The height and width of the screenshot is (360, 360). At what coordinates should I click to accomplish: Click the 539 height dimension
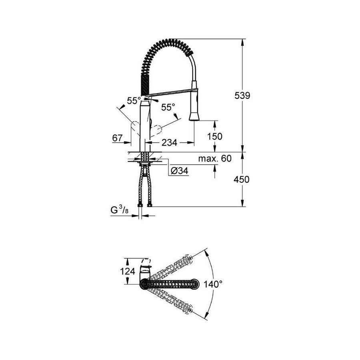coord(242,95)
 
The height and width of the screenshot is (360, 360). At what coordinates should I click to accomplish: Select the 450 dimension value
coord(241,179)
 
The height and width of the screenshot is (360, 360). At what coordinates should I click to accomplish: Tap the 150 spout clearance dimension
coord(215,136)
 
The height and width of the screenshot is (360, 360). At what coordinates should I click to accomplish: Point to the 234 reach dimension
coord(170,142)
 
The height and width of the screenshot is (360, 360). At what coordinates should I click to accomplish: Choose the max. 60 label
coord(215,158)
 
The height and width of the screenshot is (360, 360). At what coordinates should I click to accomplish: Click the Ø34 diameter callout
coord(180,170)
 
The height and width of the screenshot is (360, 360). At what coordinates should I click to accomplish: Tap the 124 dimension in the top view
coord(128,271)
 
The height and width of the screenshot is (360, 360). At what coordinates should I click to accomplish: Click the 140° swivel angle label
coord(213,284)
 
